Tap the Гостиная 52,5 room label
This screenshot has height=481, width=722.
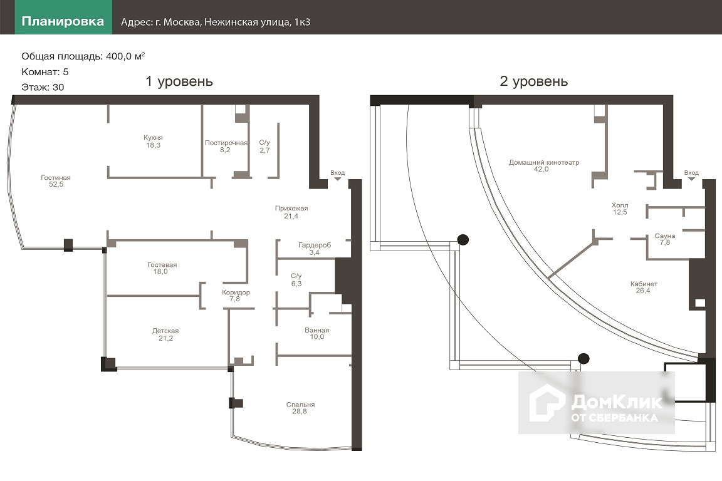tap(56, 181)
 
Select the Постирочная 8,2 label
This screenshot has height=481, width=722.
tap(226, 147)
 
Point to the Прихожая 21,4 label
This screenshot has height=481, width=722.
tap(291, 212)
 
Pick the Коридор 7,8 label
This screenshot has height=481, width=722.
tap(236, 296)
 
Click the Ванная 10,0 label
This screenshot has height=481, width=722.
tap(317, 333)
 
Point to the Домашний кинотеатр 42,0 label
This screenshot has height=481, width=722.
tap(543, 166)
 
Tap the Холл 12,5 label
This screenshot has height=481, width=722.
tap(619, 209)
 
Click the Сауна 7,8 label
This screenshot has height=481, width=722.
tap(665, 239)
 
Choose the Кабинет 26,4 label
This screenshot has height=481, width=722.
tap(644, 287)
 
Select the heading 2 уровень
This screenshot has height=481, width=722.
tap(534, 81)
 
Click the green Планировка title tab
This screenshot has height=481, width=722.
tap(63, 21)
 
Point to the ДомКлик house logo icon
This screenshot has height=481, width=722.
tap(547, 402)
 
